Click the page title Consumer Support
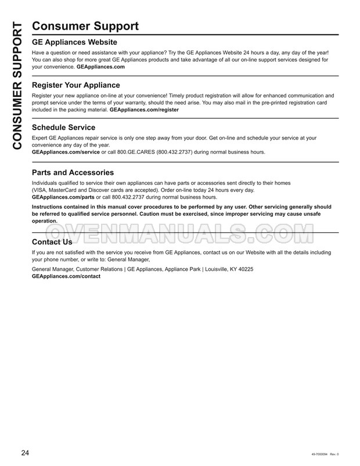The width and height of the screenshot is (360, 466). coord(85,26)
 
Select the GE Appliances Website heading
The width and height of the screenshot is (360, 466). coord(74,42)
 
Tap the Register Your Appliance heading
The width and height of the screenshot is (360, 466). coord(75,85)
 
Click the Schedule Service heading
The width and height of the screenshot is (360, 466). coord(63,127)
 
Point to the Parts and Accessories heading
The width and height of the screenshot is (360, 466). coord(73,173)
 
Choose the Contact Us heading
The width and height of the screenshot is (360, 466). coord(52,242)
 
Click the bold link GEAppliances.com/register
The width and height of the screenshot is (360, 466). coord(144,109)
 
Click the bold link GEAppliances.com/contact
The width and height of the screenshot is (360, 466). coord(66,276)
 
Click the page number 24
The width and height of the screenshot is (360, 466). coord(26,453)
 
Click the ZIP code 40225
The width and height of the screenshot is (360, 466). coord(246,270)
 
